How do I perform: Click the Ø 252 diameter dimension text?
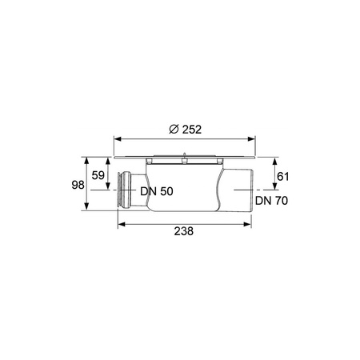coord(186,130)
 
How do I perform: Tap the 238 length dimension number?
coord(184,231)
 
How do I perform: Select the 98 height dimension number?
coord(78,185)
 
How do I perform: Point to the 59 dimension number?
coord(98,175)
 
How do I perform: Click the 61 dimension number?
coord(282,177)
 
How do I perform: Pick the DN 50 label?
coord(157,191)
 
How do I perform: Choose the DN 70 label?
coord(271,201)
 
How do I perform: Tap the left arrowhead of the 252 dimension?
coord(118,139)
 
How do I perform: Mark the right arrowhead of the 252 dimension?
coord(251,139)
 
